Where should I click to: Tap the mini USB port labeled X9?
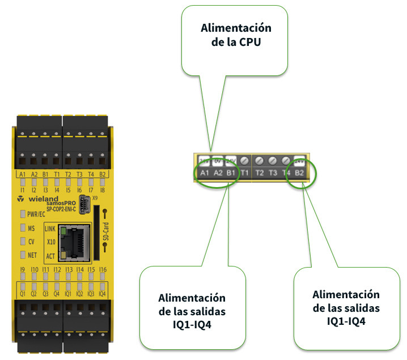(85, 202)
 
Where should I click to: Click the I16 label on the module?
(103, 270)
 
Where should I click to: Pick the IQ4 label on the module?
(103, 294)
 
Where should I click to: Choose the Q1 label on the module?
(23, 294)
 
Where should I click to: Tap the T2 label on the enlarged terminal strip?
(260, 173)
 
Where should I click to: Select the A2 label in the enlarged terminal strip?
(217, 173)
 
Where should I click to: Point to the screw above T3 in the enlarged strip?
(273, 161)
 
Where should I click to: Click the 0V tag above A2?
(217, 161)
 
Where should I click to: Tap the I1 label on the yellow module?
(23, 191)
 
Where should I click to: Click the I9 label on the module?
(23, 270)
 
